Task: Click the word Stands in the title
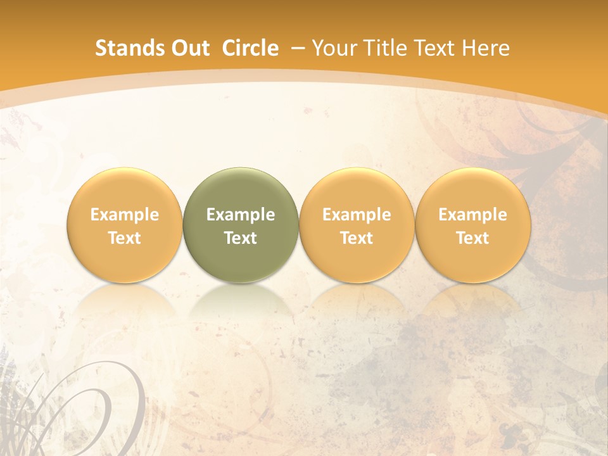pyautogui.click(x=122, y=48)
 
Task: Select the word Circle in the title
pyautogui.click(x=250, y=48)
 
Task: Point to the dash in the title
pyautogui.click(x=296, y=48)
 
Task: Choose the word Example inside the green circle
pyautogui.click(x=241, y=215)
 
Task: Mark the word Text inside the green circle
pyautogui.click(x=241, y=238)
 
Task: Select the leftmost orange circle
pyautogui.click(x=125, y=190)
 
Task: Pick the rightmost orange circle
pyautogui.click(x=472, y=190)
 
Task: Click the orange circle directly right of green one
pyautogui.click(x=357, y=190)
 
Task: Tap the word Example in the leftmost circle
pyautogui.click(x=125, y=215)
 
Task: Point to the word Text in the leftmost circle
pyautogui.click(x=125, y=238)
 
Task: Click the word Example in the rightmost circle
pyautogui.click(x=472, y=215)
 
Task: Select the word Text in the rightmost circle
pyautogui.click(x=472, y=238)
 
